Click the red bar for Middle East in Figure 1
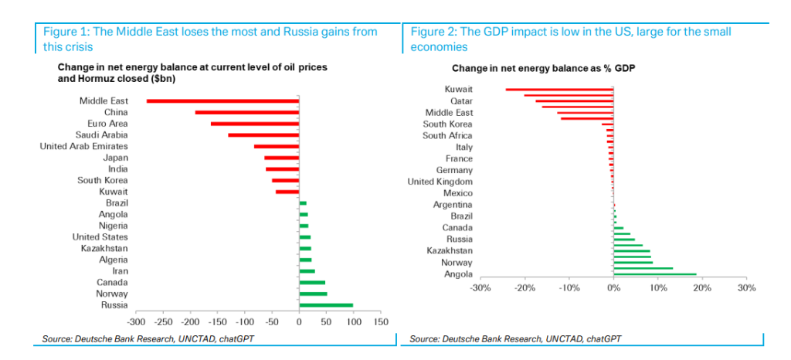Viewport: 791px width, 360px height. pos(222,100)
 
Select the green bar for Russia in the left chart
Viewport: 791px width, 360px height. pos(326,305)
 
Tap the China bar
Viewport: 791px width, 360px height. pos(247,112)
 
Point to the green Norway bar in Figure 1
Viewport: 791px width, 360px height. pos(313,294)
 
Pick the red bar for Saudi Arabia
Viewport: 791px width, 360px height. pos(263,135)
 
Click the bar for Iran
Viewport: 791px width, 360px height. pos(307,271)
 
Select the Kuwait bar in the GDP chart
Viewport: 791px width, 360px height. pos(560,90)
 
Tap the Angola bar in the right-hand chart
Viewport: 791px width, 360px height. pos(655,273)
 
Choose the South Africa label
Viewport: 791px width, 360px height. pos(447,135)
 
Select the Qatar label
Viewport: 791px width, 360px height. pos(461,100)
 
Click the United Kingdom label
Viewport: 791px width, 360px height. pos(440,182)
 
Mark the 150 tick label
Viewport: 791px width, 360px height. pos(380,322)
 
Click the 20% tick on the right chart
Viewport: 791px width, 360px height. pos(702,288)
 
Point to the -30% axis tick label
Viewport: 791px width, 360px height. pos(480,288)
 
